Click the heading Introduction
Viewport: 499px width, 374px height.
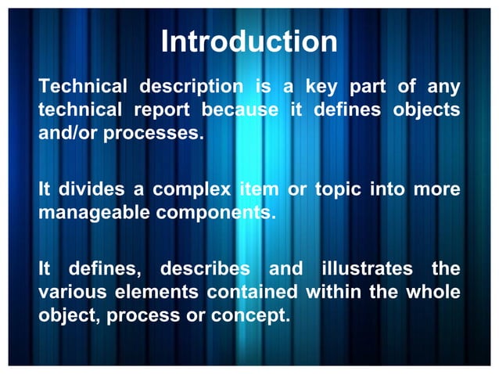pyautogui.click(x=249, y=41)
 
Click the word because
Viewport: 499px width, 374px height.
pyautogui.click(x=240, y=110)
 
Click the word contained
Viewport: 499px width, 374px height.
pyautogui.click(x=252, y=293)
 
